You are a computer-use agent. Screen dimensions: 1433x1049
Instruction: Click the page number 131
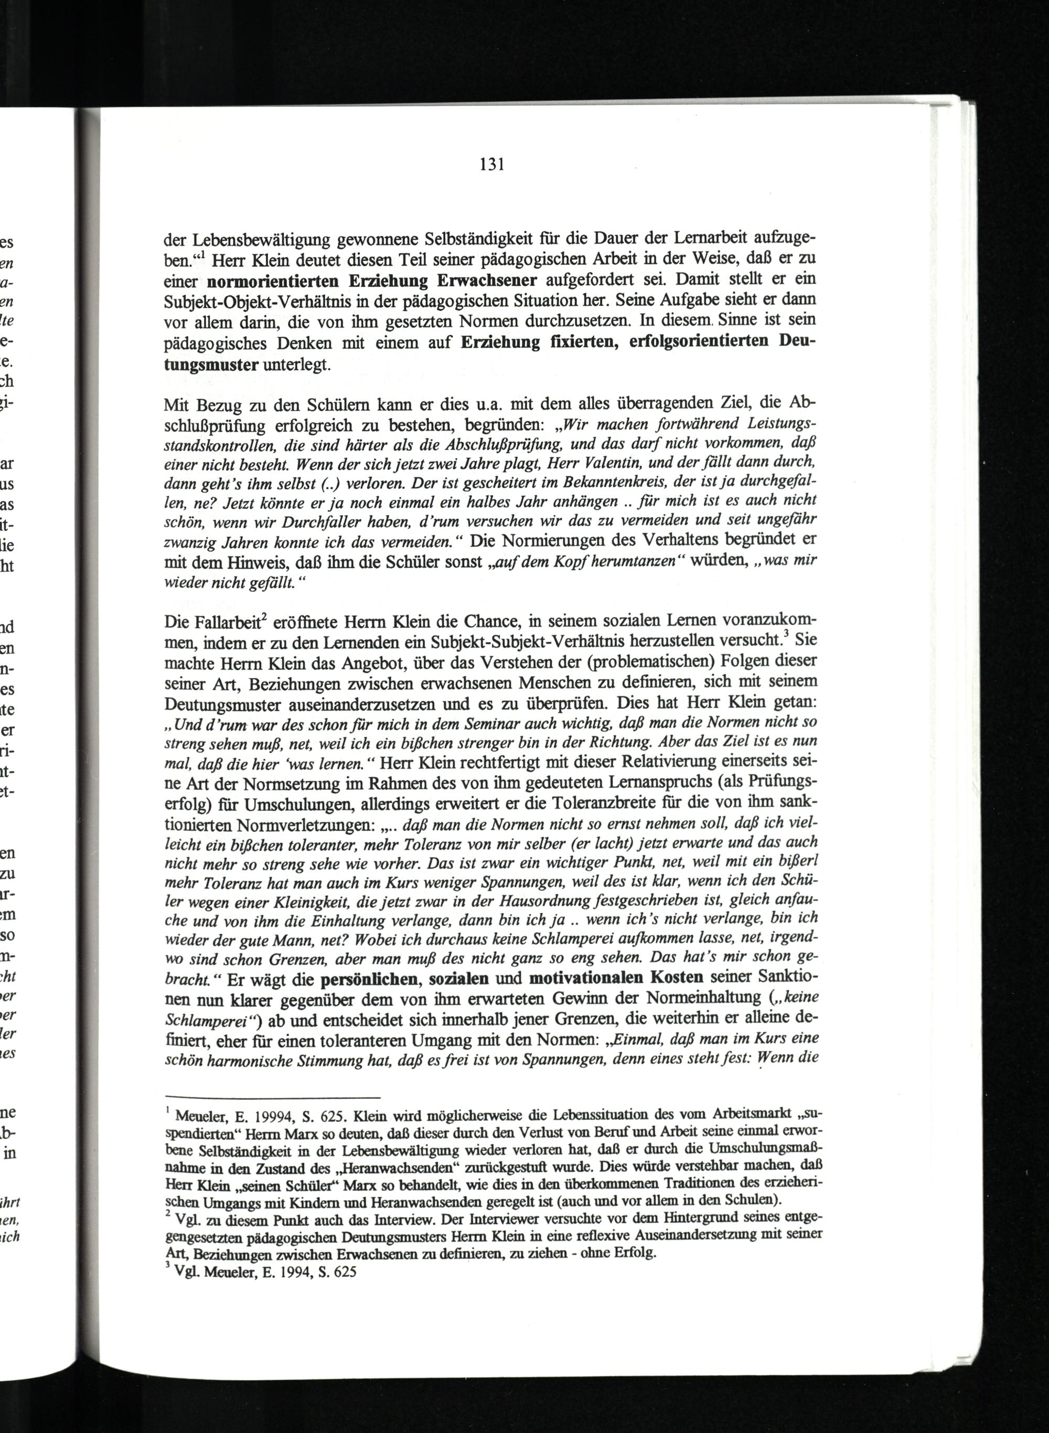(491, 165)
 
